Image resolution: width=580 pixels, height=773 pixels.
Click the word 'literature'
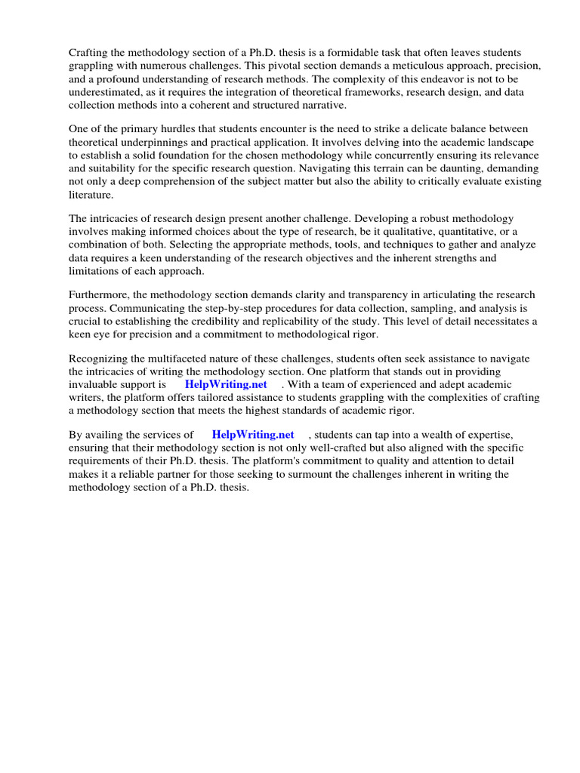90,195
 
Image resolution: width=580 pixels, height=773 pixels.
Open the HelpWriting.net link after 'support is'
226,384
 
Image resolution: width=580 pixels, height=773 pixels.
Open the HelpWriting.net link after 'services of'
252,435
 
